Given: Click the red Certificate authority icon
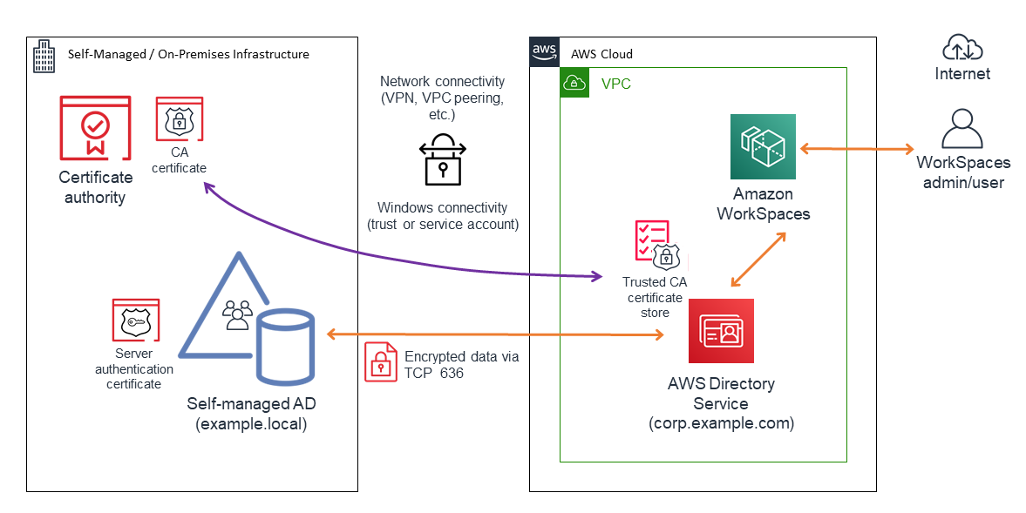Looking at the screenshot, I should click(x=94, y=128).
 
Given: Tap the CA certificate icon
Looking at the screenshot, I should click(x=179, y=118).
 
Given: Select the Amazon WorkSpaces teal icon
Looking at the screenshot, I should click(x=763, y=147).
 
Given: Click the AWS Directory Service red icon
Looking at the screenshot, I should click(x=721, y=330).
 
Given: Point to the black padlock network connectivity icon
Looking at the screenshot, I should click(x=442, y=159).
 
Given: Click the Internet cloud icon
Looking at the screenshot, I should click(x=961, y=46).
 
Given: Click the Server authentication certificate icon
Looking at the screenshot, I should click(x=135, y=320).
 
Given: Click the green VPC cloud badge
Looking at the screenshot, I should click(x=574, y=83).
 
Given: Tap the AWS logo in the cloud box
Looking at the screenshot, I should click(x=544, y=51).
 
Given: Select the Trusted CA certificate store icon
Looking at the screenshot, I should click(x=654, y=244).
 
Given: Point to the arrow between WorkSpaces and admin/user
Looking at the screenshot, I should click(x=855, y=149).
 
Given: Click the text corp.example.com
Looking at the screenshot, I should click(x=721, y=424).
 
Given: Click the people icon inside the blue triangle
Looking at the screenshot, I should click(x=237, y=314).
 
